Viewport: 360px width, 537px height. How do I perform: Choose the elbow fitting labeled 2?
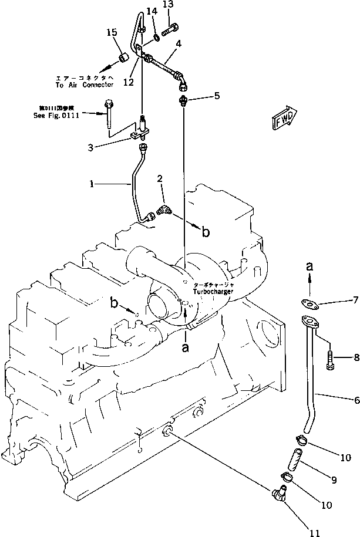(x=163, y=210)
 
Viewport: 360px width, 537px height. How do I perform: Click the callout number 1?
(x=92, y=184)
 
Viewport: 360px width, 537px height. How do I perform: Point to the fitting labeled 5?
(x=183, y=100)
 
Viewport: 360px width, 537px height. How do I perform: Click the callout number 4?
(x=177, y=43)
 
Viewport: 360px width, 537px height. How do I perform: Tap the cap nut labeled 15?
(x=124, y=58)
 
